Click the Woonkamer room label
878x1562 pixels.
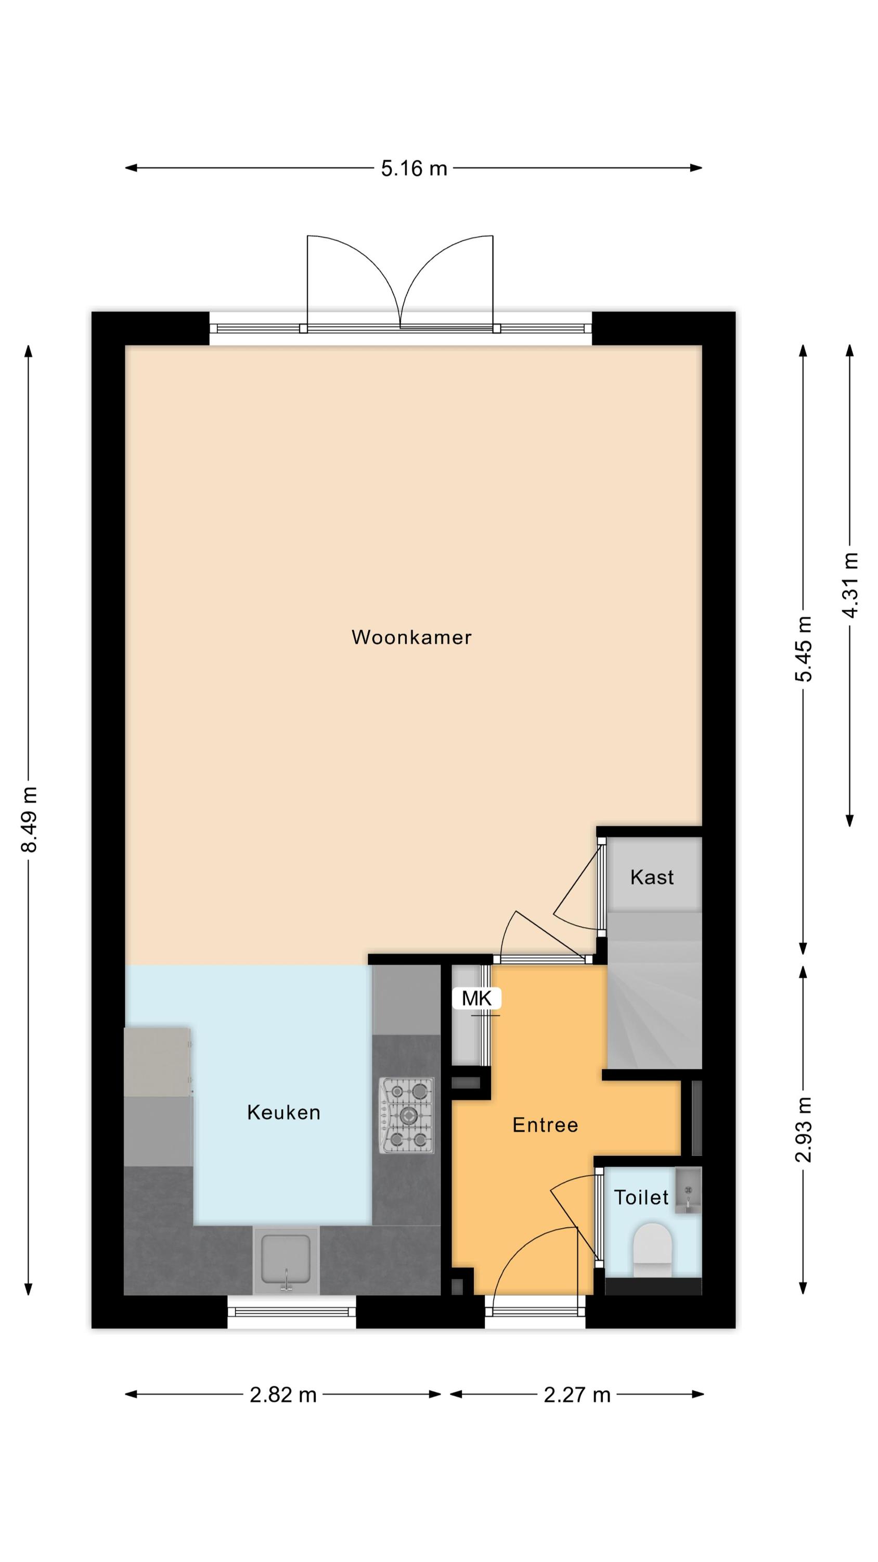tap(411, 637)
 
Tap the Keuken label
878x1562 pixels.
tap(283, 1112)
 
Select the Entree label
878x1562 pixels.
tap(545, 1125)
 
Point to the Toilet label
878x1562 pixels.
tap(641, 1197)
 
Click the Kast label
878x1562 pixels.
tap(652, 877)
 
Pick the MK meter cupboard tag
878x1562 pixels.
tap(476, 998)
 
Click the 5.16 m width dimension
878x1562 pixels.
tap(414, 168)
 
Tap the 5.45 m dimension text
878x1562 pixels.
tap(804, 649)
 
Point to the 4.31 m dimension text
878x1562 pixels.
tap(850, 585)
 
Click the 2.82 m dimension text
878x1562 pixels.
tap(283, 1395)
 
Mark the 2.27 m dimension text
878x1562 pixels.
tap(577, 1395)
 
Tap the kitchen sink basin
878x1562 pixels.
tap(286, 1261)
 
